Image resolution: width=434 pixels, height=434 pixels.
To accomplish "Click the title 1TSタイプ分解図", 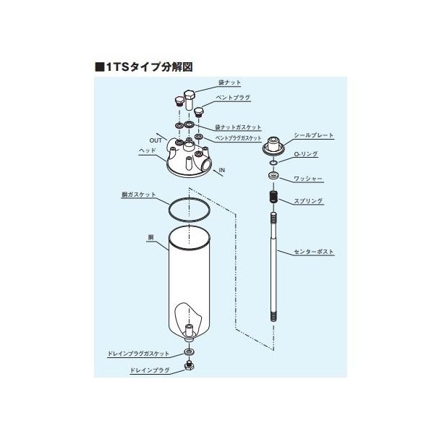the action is [144, 67].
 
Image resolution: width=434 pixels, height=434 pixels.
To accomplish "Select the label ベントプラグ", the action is [233, 98].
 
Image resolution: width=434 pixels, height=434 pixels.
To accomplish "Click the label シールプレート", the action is [314, 135].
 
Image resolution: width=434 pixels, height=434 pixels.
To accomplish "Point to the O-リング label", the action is [305, 154].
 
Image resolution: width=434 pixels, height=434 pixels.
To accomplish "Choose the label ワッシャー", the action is [308, 179].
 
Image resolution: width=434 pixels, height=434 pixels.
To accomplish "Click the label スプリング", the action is [308, 201].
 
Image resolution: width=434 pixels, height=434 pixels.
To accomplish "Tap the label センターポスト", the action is [314, 252].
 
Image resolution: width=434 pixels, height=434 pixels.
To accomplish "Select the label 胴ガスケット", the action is [139, 195].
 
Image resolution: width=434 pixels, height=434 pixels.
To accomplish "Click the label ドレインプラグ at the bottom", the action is [150, 370].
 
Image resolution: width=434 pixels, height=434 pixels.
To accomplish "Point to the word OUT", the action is [156, 140].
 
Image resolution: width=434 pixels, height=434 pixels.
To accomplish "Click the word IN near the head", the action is [222, 170].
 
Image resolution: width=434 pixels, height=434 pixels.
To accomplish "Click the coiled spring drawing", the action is [273, 197].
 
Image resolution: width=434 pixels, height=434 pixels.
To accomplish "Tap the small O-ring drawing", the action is [273, 163].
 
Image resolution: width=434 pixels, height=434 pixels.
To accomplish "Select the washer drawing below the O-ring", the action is [273, 175].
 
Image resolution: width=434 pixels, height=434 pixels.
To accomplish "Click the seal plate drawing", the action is [273, 145].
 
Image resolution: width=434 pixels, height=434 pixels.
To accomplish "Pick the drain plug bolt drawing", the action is [189, 365].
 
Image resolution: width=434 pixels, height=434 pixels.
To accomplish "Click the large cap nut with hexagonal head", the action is [190, 100].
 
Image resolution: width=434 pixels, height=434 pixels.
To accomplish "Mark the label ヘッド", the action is [148, 151].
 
